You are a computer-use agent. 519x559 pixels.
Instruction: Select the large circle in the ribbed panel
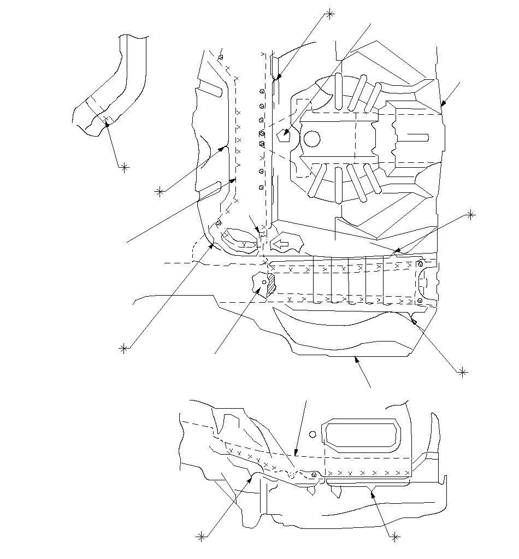[311, 139]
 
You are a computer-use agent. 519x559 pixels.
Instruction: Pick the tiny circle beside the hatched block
[264, 282]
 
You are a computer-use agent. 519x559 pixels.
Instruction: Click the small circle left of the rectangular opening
[312, 434]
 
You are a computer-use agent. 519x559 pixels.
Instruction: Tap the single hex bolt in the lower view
[314, 475]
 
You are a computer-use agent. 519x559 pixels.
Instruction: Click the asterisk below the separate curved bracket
[125, 167]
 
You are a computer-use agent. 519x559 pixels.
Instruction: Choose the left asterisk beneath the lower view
[202, 537]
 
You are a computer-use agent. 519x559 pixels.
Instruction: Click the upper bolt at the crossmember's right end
[420, 264]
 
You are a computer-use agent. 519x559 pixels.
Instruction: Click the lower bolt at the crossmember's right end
[419, 301]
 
